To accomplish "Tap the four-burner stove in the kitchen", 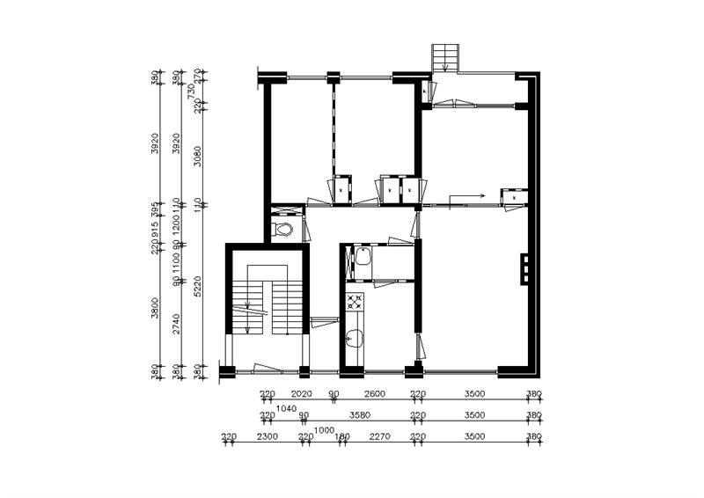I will pyautogui.click(x=356, y=302).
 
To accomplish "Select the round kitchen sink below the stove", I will pyautogui.click(x=356, y=335).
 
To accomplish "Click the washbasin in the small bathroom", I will pyautogui.click(x=361, y=260).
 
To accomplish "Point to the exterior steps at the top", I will pyautogui.click(x=445, y=58).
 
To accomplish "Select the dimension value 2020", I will pyautogui.click(x=302, y=395).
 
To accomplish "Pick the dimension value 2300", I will pyautogui.click(x=267, y=436).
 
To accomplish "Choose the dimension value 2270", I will pyautogui.click(x=379, y=436).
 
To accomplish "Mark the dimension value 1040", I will pyautogui.click(x=286, y=408).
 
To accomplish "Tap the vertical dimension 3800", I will pyautogui.click(x=156, y=308).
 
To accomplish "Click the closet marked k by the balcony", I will pyautogui.click(x=425, y=91).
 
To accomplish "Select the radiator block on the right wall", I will pyautogui.click(x=525, y=269).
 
